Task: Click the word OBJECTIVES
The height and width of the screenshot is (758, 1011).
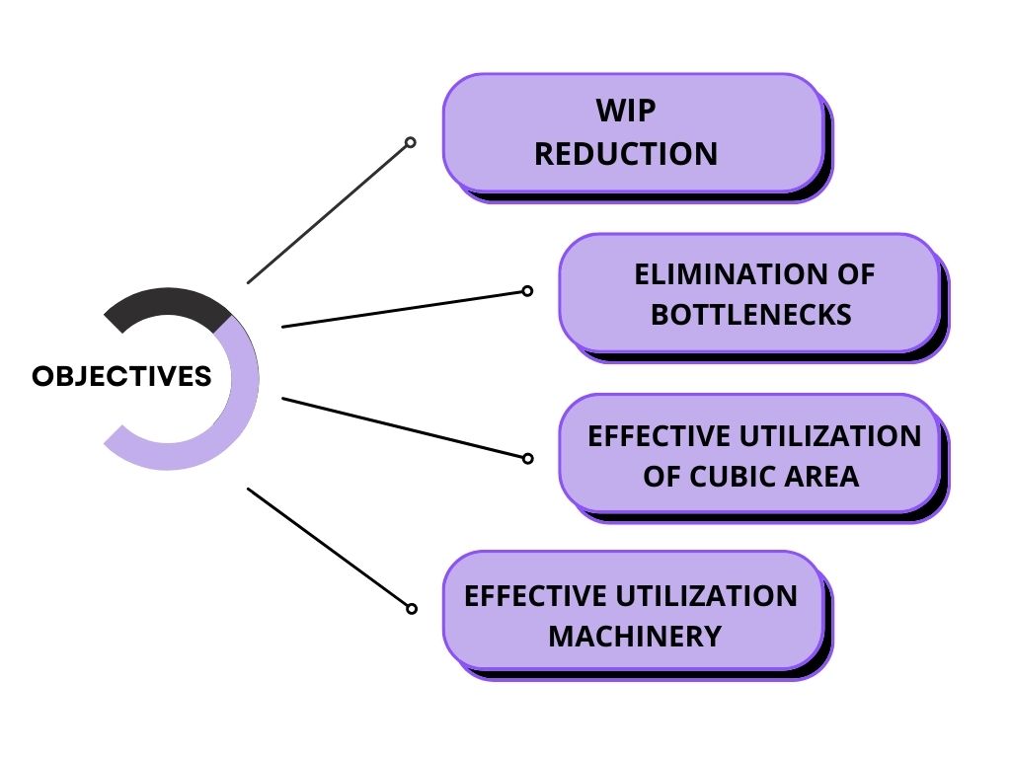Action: [x=121, y=376]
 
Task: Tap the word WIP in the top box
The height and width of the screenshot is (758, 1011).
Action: [x=625, y=111]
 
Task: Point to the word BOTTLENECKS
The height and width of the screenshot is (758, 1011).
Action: [x=751, y=315]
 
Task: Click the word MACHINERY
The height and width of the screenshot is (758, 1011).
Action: [x=635, y=636]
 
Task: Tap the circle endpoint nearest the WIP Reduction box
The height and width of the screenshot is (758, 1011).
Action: [x=411, y=142]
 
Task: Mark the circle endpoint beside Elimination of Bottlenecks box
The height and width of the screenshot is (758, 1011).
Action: [x=527, y=291]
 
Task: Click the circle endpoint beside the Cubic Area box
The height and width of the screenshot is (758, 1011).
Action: [x=527, y=458]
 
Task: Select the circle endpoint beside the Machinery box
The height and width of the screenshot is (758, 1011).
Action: [x=412, y=609]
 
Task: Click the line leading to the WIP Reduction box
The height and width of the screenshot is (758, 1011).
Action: [x=329, y=212]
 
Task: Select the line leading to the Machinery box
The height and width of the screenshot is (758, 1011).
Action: [x=329, y=548]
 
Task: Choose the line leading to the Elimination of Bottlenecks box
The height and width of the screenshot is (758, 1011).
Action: [x=405, y=308]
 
